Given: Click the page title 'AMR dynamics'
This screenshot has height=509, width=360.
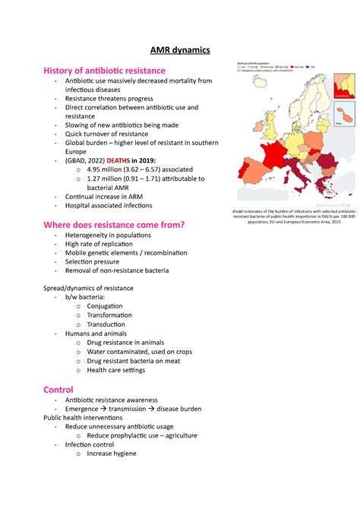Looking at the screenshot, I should tap(179, 50).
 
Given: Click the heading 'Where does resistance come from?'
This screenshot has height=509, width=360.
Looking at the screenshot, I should tap(114, 225).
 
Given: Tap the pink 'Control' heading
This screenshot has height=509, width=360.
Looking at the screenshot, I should tap(58, 389).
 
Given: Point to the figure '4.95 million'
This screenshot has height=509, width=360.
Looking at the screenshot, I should tap(110, 169).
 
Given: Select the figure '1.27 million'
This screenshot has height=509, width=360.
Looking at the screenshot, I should tap(110, 179).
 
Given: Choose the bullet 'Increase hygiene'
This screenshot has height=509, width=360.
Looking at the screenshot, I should tap(112, 454).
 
